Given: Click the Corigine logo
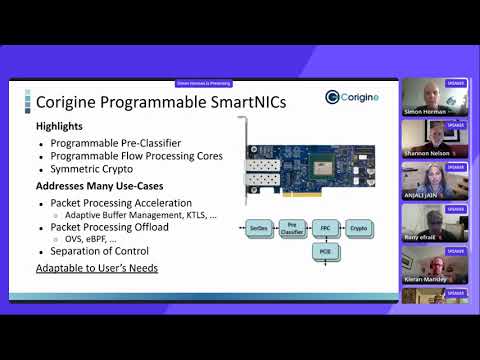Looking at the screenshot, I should pos(350,97).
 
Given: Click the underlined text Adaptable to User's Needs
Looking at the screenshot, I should pos(97,269).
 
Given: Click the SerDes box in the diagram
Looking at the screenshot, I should pos(260,229).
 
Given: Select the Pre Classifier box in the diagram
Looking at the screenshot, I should pos(293,229).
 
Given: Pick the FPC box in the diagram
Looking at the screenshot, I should pos(324,229).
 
